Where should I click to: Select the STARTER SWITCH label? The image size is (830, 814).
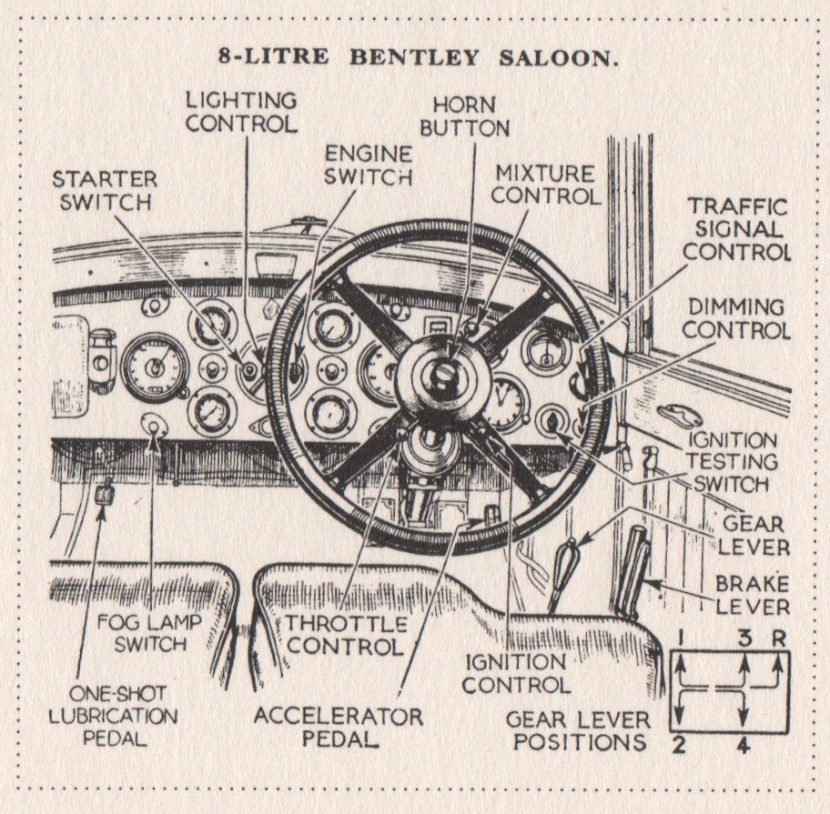(104, 190)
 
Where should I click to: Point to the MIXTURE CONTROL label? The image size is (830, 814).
(545, 184)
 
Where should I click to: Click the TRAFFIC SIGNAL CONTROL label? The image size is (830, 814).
(735, 229)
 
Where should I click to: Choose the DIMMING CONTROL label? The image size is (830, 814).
(737, 318)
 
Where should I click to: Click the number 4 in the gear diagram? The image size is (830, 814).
(743, 749)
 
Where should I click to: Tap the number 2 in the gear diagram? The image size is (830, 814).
(680, 749)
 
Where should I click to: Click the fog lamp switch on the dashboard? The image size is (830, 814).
(153, 425)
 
